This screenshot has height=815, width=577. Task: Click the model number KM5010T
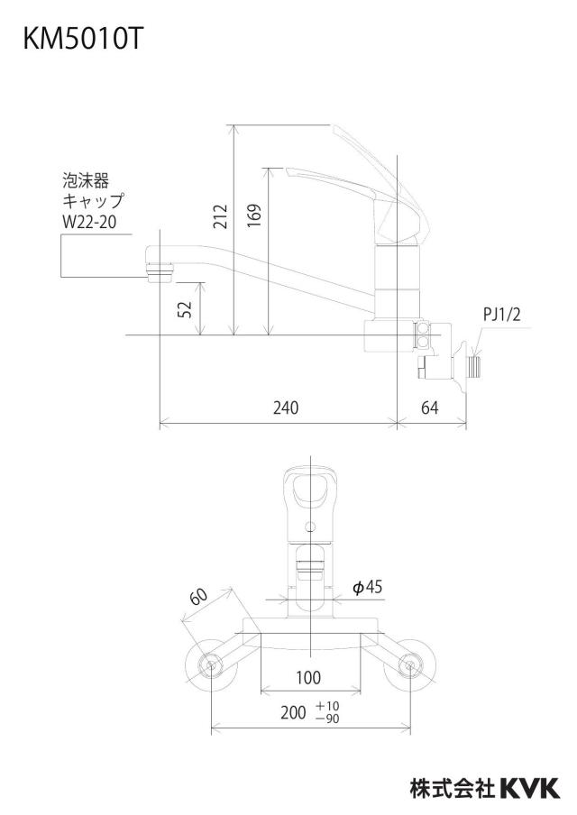point(82,39)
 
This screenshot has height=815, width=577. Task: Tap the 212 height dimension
point(221,215)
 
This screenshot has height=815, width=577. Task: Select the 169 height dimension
point(253,215)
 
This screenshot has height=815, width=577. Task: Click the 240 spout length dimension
point(286,408)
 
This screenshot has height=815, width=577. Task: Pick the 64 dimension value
point(429,408)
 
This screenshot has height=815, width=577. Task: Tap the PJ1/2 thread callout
point(501,315)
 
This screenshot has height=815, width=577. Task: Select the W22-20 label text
point(89,223)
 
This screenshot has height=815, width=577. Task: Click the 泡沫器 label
point(86,181)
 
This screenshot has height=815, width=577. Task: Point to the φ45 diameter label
point(368,587)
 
